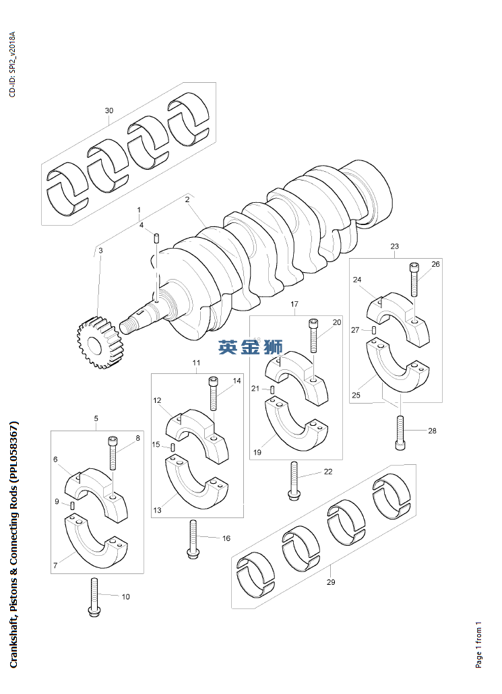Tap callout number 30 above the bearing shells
(109, 111)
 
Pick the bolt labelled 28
(400, 432)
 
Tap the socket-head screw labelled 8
(112, 453)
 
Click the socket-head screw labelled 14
(214, 393)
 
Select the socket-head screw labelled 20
(313, 335)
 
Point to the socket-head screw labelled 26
(414, 278)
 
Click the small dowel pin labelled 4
(156, 238)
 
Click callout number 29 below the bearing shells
(331, 582)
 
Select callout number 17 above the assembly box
(294, 305)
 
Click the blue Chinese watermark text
(250, 348)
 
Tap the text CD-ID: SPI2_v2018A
(12, 64)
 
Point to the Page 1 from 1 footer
(478, 645)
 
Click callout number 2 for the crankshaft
(187, 199)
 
